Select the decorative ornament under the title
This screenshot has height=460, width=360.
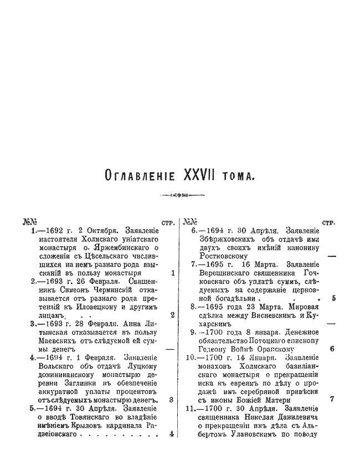coord(181,195)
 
